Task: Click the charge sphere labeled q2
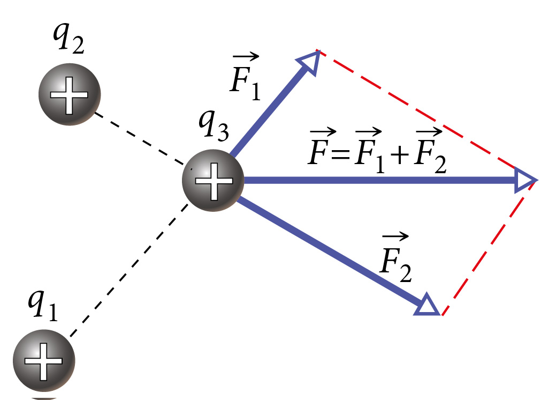[x=69, y=95]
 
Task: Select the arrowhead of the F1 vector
[x=310, y=61]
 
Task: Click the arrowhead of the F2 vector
[x=429, y=305]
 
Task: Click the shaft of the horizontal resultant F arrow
[x=375, y=181]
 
